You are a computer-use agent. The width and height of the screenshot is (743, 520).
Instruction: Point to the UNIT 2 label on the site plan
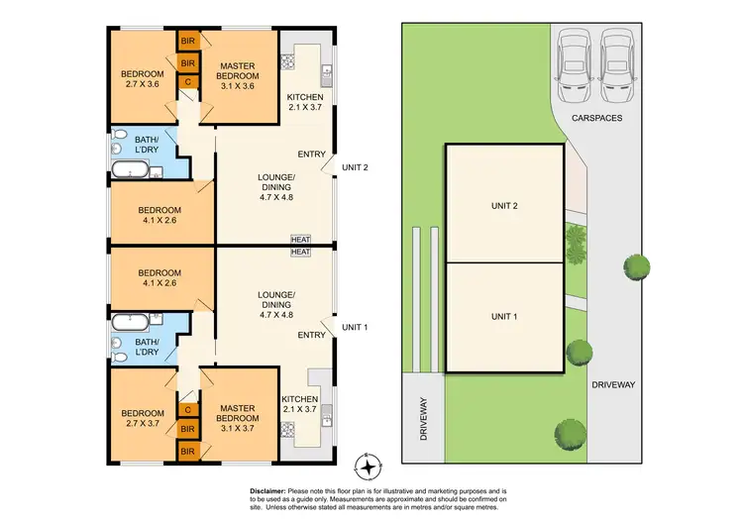[505, 206]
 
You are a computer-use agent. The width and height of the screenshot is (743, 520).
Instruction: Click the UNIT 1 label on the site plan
[505, 316]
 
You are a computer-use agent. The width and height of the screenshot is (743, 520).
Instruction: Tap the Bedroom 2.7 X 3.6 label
[142, 79]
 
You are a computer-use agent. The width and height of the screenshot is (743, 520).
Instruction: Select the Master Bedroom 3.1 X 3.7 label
[238, 414]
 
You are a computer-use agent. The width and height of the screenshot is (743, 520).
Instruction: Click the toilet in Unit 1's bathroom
[119, 357]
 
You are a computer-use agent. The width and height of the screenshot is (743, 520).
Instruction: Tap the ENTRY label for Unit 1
[312, 335]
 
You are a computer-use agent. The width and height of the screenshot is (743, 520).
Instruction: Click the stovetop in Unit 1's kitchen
[289, 429]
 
